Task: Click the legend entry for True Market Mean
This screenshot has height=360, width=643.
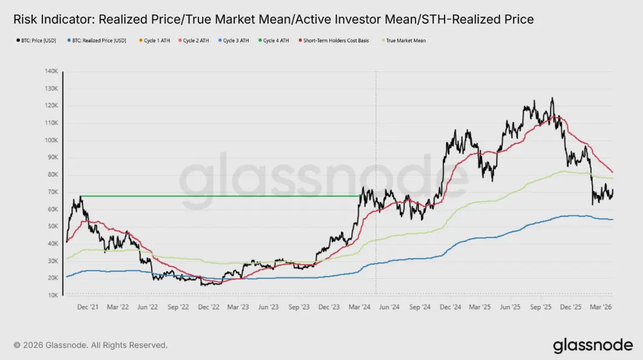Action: pyautogui.click(x=402, y=41)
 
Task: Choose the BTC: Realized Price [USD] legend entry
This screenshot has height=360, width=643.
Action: pyautogui.click(x=99, y=41)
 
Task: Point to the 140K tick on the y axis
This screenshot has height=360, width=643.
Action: pyautogui.click(x=50, y=71)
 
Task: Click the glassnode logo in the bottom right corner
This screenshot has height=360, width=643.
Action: pyautogui.click(x=592, y=345)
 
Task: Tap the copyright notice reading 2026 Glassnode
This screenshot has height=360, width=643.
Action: pyautogui.click(x=91, y=345)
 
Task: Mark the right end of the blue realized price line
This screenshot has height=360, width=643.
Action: pyautogui.click(x=613, y=220)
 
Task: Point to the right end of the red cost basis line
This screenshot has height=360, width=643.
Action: pyautogui.click(x=613, y=172)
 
